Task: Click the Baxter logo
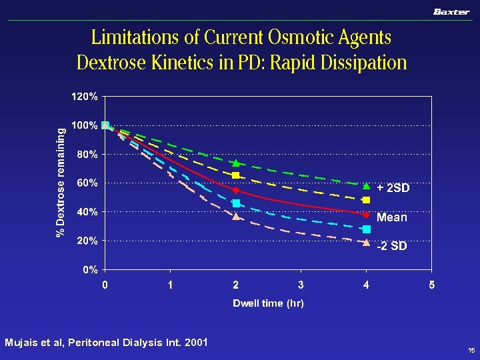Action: [451, 12]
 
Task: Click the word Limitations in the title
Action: [129, 37]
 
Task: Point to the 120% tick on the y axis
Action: [85, 96]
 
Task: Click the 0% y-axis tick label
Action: [90, 270]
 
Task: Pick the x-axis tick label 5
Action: [431, 285]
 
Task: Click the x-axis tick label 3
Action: [301, 285]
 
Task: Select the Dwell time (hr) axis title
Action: [268, 303]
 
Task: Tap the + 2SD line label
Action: [393, 189]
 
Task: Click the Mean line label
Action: [391, 217]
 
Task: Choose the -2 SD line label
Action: [391, 247]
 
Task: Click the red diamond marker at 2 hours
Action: [236, 191]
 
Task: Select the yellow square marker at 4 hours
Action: [366, 200]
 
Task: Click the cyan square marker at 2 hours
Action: [236, 203]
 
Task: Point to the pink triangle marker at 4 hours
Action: [366, 242]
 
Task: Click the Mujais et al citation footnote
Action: [106, 343]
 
